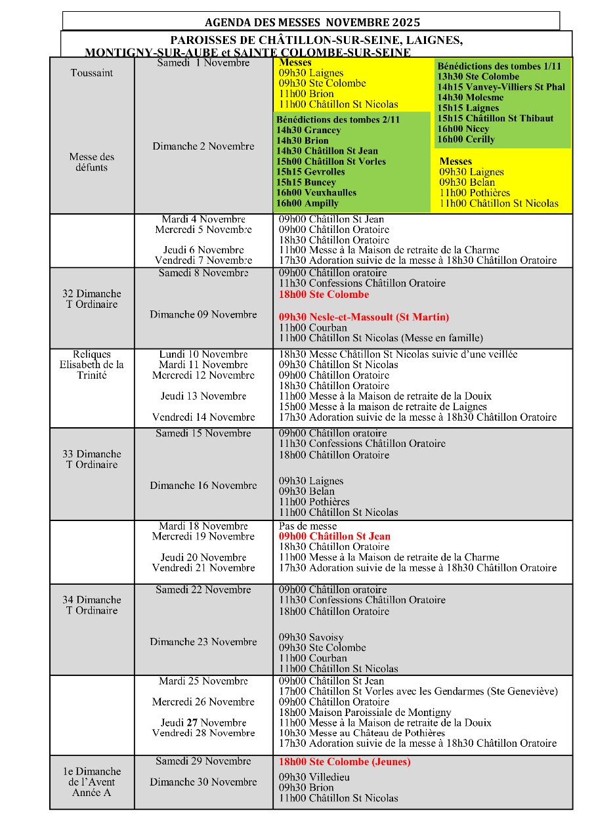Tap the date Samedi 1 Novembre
click(203, 63)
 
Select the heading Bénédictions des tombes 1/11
click(499, 66)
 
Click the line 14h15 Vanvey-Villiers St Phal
click(501, 87)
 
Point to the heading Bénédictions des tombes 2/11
click(337, 120)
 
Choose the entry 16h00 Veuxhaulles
click(316, 193)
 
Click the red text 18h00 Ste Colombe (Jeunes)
click(345, 762)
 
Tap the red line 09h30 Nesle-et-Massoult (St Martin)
click(364, 317)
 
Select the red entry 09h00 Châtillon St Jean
click(335, 536)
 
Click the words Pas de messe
click(308, 526)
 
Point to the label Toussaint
click(92, 73)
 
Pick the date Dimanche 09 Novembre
click(203, 314)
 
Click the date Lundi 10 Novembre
click(203, 354)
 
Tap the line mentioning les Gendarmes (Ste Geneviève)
click(418, 691)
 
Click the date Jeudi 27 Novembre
click(203, 723)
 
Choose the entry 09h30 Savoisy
click(311, 637)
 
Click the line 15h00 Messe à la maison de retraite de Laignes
click(383, 407)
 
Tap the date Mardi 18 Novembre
click(203, 526)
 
